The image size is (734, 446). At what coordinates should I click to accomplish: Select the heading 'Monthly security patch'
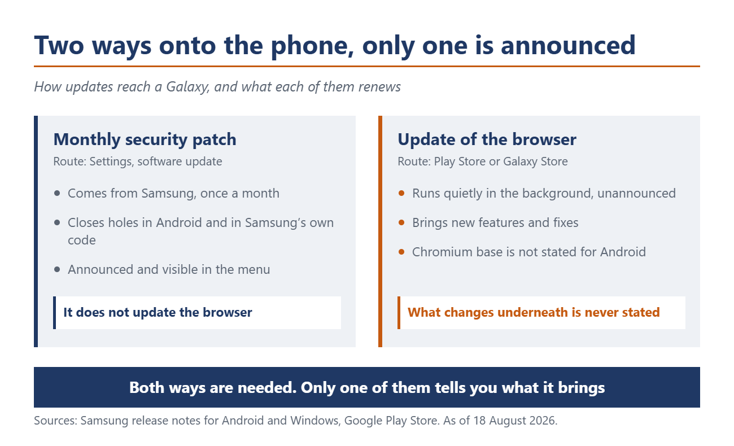[x=145, y=140]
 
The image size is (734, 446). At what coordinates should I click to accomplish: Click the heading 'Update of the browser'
[x=487, y=139]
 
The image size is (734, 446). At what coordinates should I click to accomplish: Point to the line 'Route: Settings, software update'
[x=138, y=161]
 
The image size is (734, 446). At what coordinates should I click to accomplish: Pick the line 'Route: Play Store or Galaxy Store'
[x=483, y=161]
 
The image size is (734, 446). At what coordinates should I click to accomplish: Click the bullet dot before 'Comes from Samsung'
[x=57, y=193]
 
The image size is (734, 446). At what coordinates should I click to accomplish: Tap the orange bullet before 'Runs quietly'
[x=401, y=193]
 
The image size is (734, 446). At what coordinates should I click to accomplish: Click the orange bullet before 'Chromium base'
[x=401, y=252]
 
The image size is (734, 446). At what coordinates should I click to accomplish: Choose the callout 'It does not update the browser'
[x=158, y=312]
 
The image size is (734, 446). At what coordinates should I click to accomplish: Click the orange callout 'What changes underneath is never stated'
[x=534, y=312]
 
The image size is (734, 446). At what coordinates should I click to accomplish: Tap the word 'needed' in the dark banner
[x=267, y=388]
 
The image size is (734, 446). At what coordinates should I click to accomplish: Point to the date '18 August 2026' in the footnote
[x=515, y=421]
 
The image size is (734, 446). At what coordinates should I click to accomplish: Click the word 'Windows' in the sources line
[x=314, y=421]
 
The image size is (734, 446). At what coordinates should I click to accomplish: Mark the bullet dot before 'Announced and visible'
[x=57, y=270]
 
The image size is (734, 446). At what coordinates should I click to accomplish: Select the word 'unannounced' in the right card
[x=636, y=193]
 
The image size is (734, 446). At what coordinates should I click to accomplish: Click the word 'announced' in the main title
[x=568, y=46]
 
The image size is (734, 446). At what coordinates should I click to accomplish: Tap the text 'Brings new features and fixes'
[x=495, y=223]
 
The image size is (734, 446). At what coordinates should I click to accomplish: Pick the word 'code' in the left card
[x=82, y=240]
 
